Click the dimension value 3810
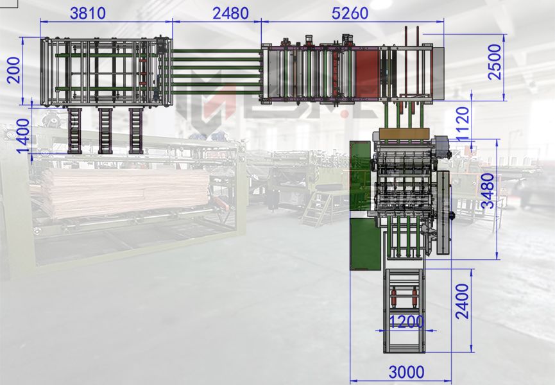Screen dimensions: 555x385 pyautogui.click(x=88, y=13)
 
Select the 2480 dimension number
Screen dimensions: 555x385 pyautogui.click(x=230, y=13)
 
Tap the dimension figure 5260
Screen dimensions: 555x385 pyautogui.click(x=350, y=13)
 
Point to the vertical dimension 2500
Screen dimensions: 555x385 pyautogui.click(x=495, y=62)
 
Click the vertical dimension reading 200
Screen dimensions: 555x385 pyautogui.click(x=15, y=70)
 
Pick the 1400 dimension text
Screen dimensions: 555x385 pyautogui.click(x=24, y=136)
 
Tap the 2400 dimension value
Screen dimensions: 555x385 pyautogui.click(x=462, y=301)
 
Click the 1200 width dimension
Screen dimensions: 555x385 pyautogui.click(x=407, y=321)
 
